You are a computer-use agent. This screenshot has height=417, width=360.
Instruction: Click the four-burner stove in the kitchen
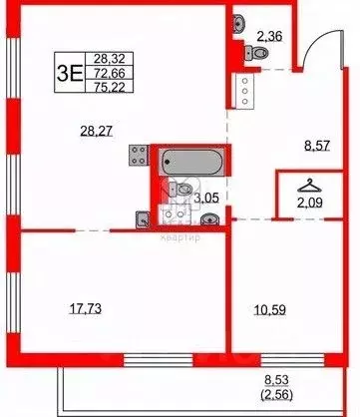(137, 157)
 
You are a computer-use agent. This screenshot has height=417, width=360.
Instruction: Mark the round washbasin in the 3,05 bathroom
(143, 217)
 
